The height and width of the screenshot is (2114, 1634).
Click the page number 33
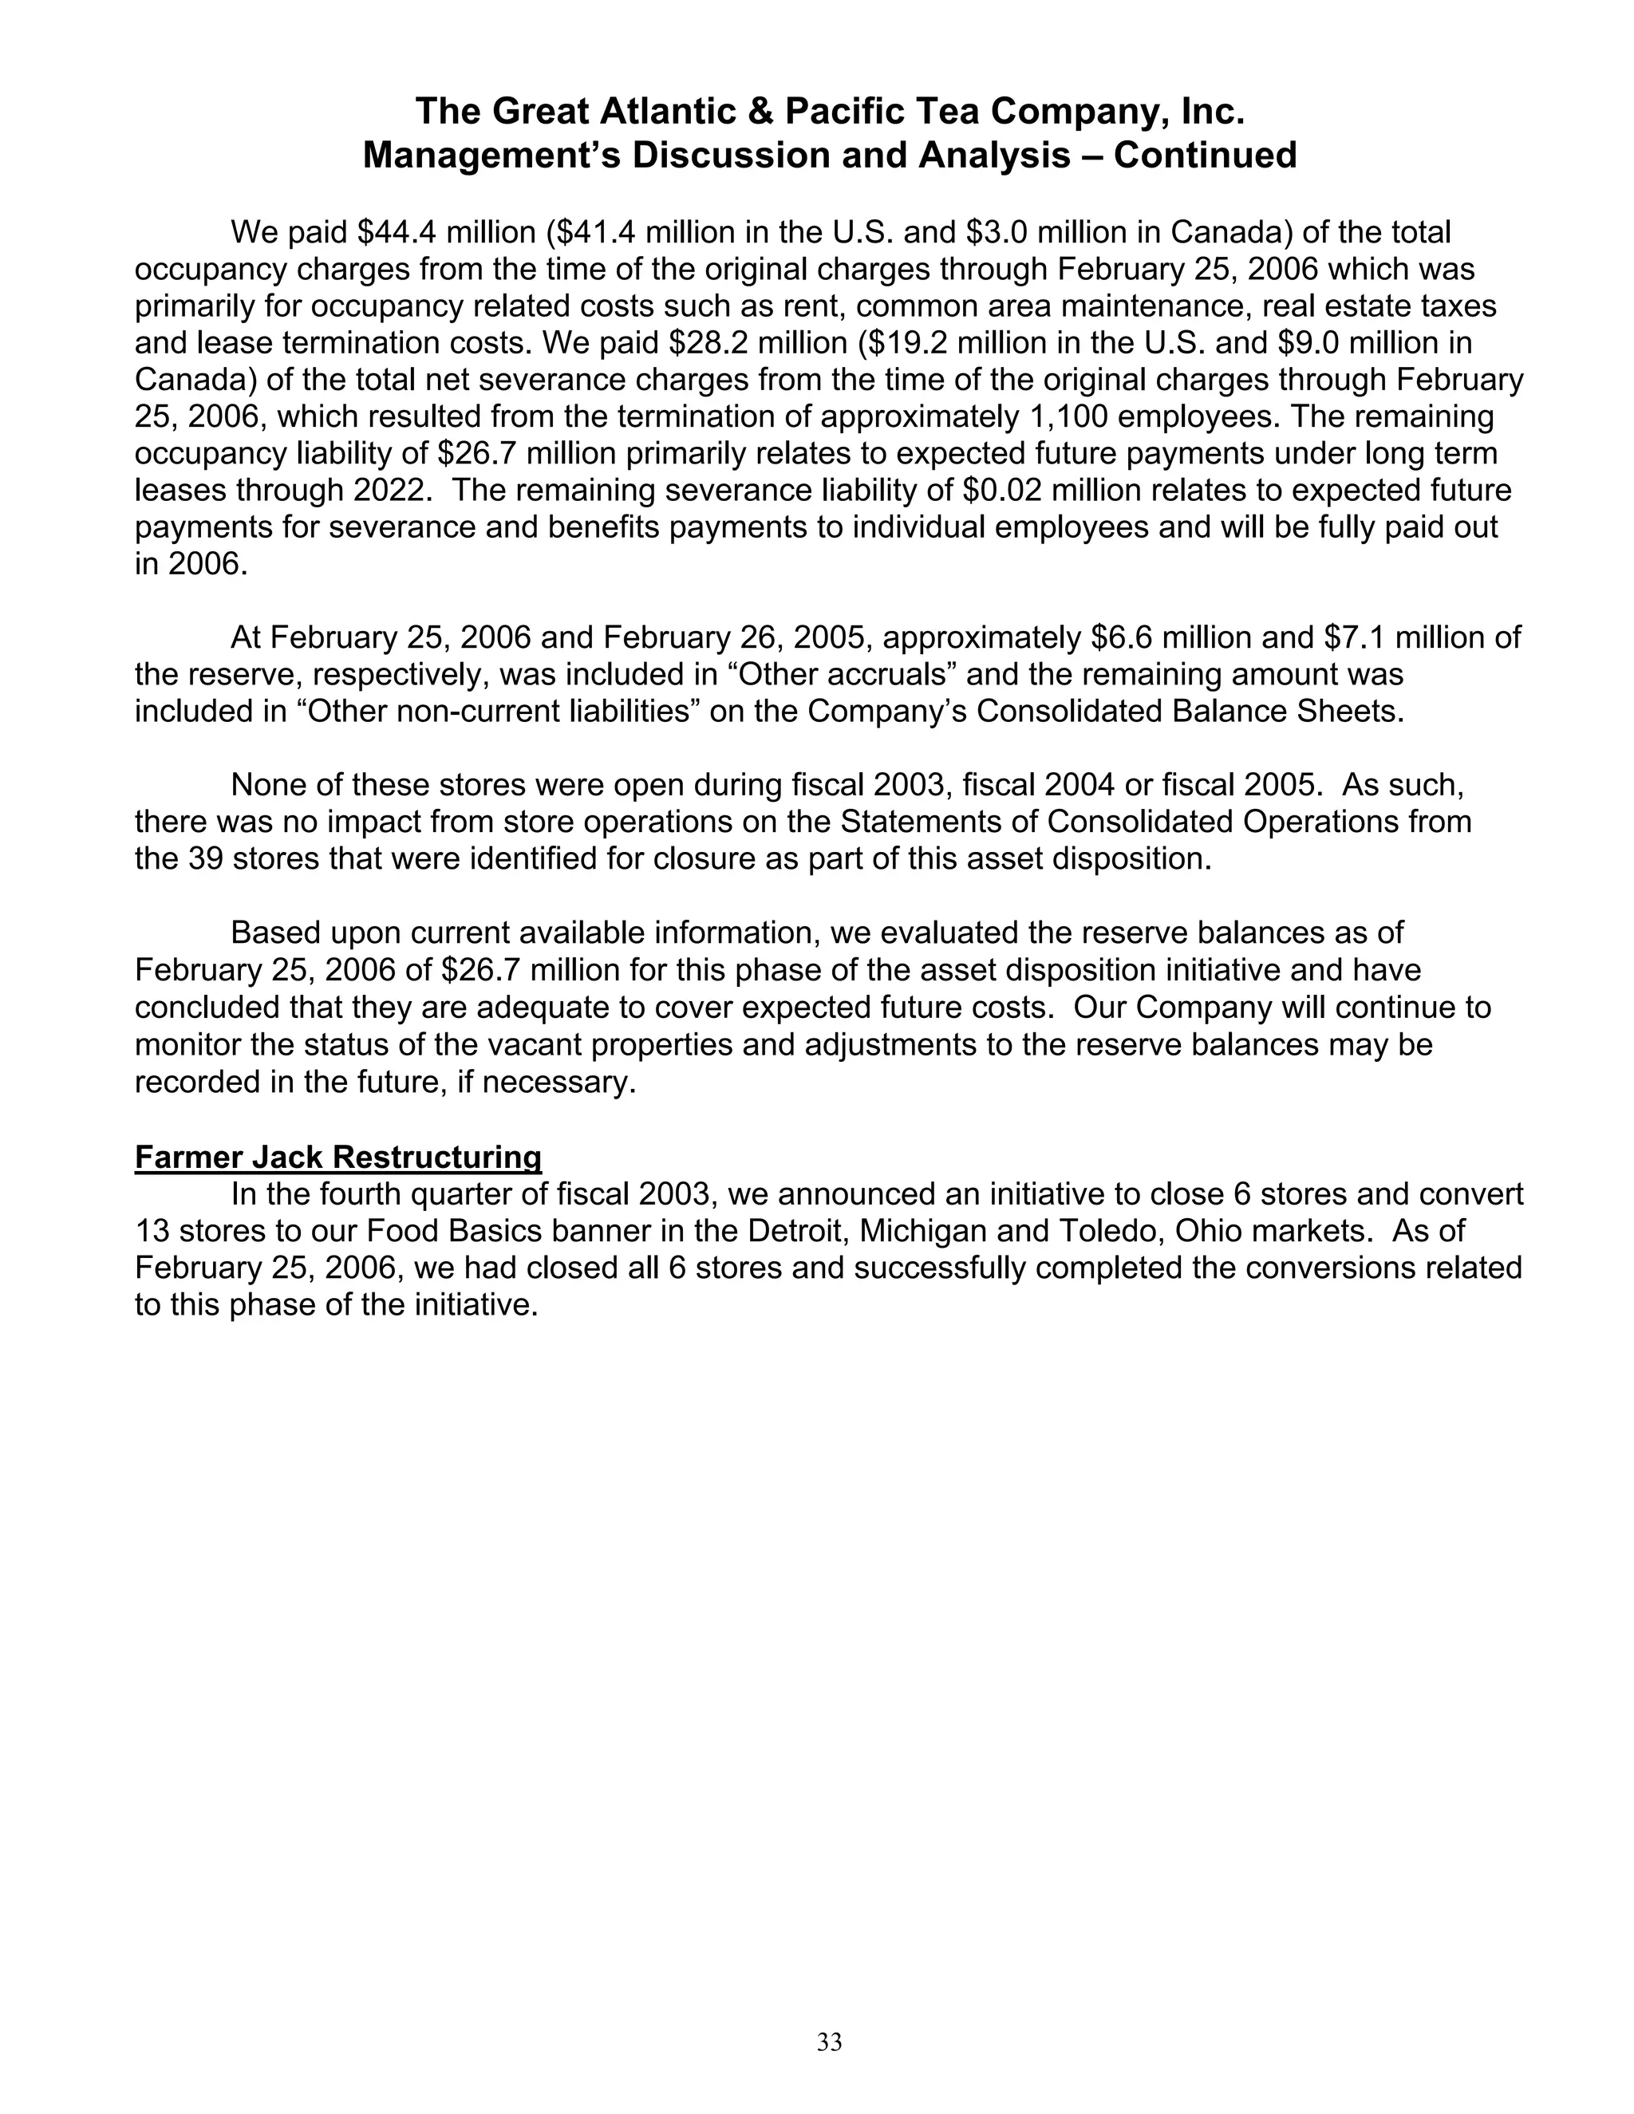click(x=830, y=2042)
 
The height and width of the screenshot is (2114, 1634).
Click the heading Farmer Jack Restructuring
click(x=337, y=1157)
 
